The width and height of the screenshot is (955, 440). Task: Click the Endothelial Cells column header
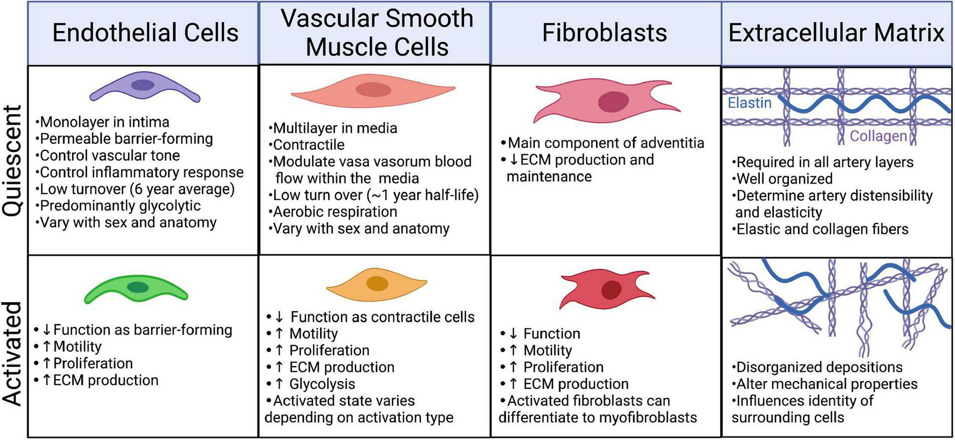pyautogui.click(x=145, y=33)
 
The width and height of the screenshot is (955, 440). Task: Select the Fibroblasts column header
pyautogui.click(x=604, y=33)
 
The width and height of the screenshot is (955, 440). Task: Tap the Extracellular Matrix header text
pyautogui.click(x=836, y=33)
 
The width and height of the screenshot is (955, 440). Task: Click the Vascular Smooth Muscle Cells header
pyautogui.click(x=377, y=32)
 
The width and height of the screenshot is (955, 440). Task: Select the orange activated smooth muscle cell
pyautogui.click(x=377, y=283)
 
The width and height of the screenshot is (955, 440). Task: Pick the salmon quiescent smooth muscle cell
pyautogui.click(x=373, y=90)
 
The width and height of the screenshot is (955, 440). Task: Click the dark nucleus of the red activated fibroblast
pyautogui.click(x=611, y=290)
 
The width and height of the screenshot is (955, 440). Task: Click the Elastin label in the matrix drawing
pyautogui.click(x=749, y=103)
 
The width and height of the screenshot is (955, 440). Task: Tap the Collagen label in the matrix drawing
pyautogui.click(x=878, y=136)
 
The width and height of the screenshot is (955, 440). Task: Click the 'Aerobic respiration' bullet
pyautogui.click(x=335, y=212)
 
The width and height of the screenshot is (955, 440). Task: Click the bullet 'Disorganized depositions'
pyautogui.click(x=819, y=367)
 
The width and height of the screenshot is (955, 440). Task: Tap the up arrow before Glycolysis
pyautogui.click(x=279, y=384)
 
